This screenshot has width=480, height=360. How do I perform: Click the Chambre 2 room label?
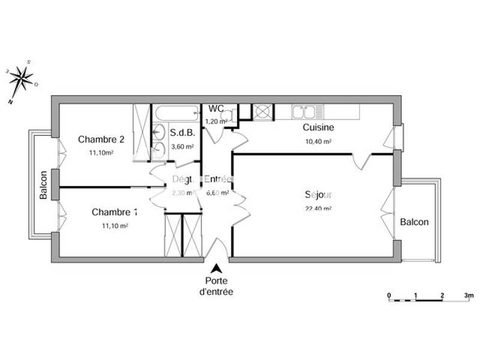click(x=101, y=140)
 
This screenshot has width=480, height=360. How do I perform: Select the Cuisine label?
click(x=318, y=127)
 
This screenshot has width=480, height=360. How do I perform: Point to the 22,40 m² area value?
click(x=318, y=209)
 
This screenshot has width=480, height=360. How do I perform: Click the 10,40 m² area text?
click(x=318, y=142)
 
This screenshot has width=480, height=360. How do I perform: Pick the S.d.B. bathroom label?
click(x=181, y=133)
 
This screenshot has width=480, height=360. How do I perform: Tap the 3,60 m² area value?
click(x=182, y=146)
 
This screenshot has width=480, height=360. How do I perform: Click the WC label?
click(x=216, y=109)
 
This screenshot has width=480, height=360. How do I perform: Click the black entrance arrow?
click(x=216, y=270)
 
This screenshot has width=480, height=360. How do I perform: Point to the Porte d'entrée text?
click(x=216, y=286)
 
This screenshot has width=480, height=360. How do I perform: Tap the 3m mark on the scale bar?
click(x=469, y=295)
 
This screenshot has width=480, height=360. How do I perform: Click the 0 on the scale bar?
click(x=389, y=295)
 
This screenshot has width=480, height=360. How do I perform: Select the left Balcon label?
click(x=43, y=185)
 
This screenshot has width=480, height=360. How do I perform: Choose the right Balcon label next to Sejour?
click(x=415, y=222)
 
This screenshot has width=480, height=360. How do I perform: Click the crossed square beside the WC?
click(x=262, y=111)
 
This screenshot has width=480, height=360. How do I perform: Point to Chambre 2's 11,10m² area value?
click(x=101, y=153)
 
